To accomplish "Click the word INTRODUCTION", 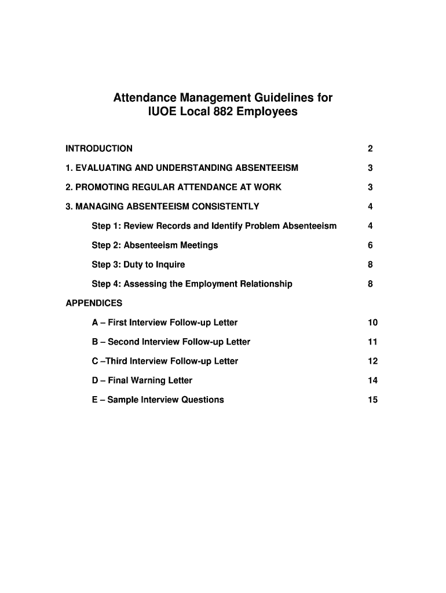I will click(99, 149).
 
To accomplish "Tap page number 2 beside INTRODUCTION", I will click(370, 149).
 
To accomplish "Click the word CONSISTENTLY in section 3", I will click(228, 207).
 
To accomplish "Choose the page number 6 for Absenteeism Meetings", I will click(370, 246).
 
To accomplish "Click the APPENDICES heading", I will click(94, 303).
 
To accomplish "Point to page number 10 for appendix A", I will click(372, 323).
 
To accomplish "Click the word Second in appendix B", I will click(123, 342).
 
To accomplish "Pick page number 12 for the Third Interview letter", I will click(372, 361).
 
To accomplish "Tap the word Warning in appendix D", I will click(149, 380).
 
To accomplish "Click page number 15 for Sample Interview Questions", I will click(372, 400).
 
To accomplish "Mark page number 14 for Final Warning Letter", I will click(372, 380).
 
